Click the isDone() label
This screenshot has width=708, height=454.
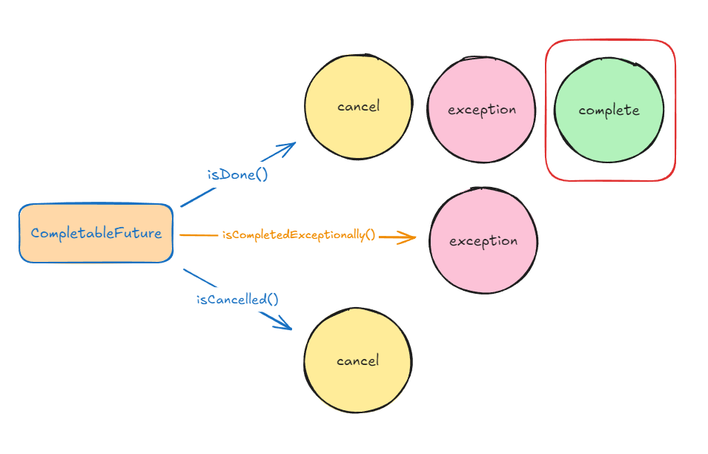click(236, 175)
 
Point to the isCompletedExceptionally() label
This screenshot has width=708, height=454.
click(298, 235)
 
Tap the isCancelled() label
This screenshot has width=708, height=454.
click(237, 300)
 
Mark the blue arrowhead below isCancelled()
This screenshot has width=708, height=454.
click(284, 325)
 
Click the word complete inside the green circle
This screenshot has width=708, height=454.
click(609, 111)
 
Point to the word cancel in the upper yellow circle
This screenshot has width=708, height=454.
click(358, 107)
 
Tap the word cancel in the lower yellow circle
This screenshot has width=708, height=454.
click(357, 361)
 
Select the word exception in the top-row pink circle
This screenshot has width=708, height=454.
click(482, 110)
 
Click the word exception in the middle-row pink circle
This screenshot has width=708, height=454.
click(483, 241)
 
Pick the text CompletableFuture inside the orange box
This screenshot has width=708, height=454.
click(96, 233)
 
